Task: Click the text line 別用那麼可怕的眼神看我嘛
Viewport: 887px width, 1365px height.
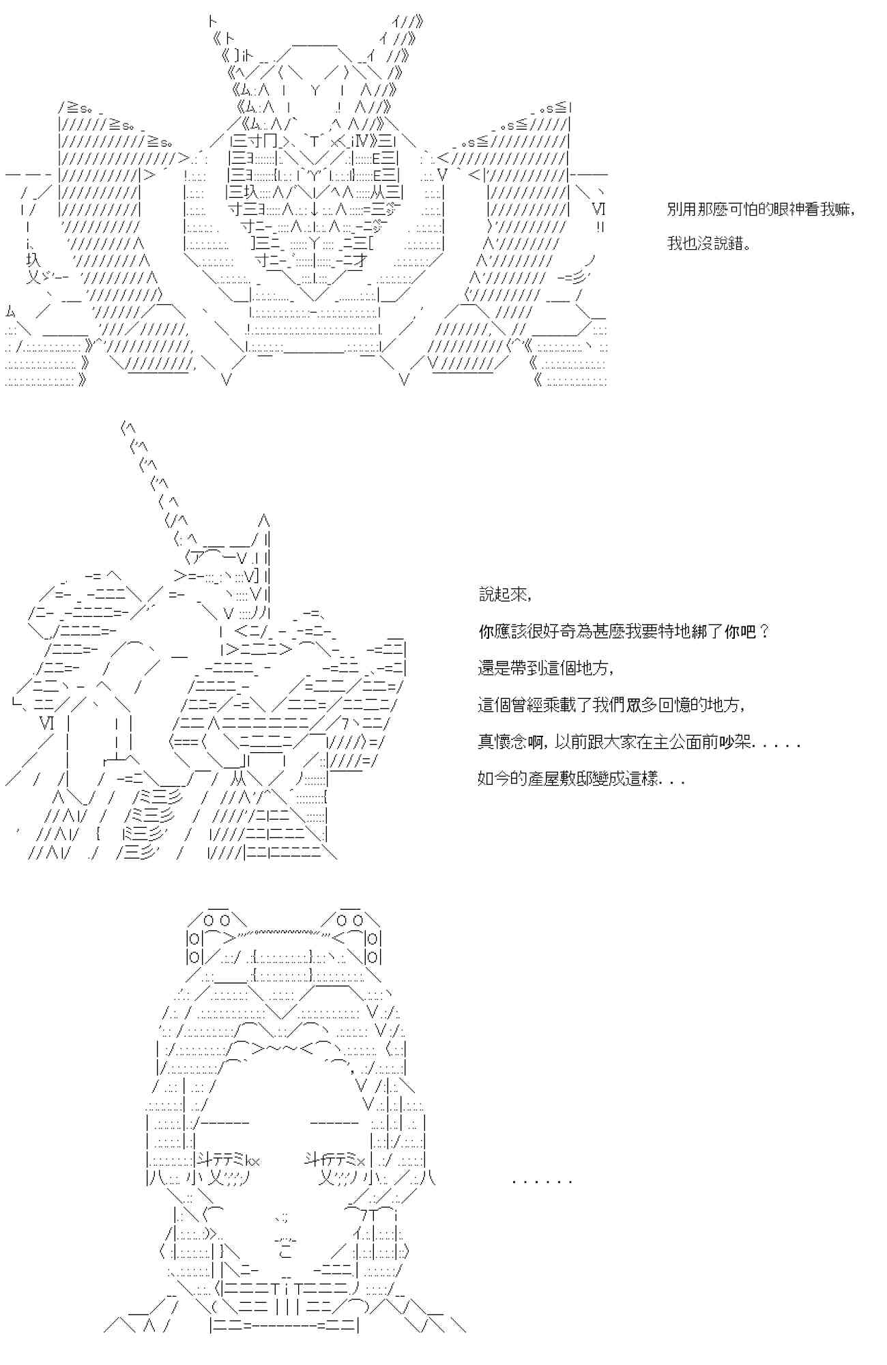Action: (x=761, y=210)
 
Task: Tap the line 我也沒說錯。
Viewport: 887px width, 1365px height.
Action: (x=709, y=244)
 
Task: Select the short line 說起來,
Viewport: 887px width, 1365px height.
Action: (x=505, y=594)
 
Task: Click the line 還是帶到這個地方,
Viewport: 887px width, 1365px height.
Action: (x=546, y=668)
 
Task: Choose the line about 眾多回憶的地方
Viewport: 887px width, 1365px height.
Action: (x=611, y=705)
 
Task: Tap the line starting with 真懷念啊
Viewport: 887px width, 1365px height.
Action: (x=639, y=742)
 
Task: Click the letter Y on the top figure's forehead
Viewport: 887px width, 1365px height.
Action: (x=315, y=89)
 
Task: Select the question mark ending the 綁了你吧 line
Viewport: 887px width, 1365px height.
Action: (x=764, y=631)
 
